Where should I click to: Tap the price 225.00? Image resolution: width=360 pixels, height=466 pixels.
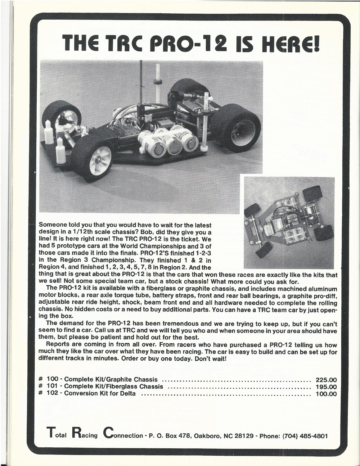[326, 380]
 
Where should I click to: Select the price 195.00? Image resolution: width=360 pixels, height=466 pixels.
[326, 387]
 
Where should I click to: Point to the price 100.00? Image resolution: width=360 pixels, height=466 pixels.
[326, 394]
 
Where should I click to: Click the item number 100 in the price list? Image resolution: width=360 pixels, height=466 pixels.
[51, 380]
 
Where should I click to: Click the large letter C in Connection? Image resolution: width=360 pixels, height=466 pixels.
[110, 434]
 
